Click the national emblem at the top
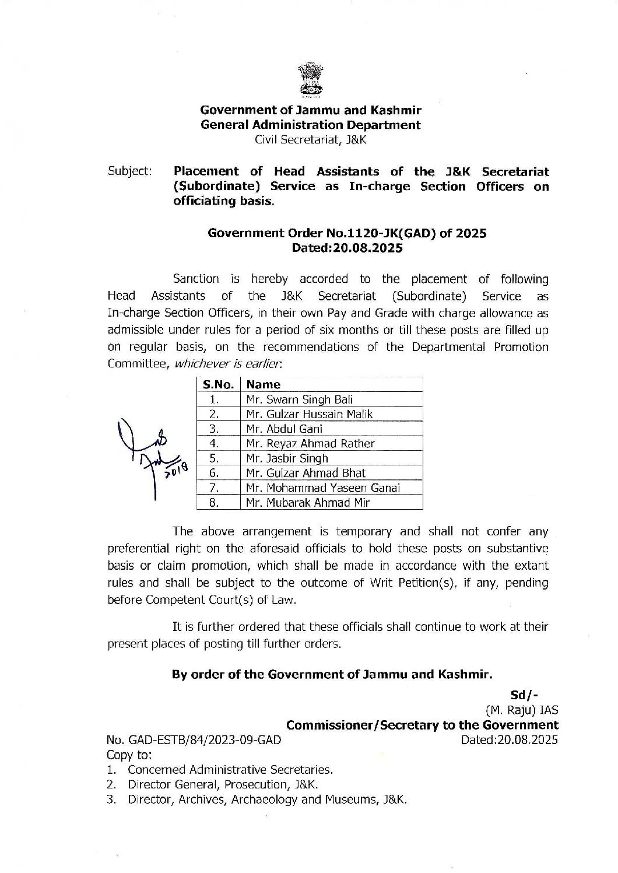coord(309,80)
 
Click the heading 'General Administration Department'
coord(310,125)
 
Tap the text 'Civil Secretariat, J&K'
coord(310,140)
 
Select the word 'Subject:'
coord(130,171)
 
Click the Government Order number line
coord(347,233)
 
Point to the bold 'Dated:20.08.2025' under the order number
coord(347,248)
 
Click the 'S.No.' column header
coord(218,384)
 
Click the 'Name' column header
coord(263,384)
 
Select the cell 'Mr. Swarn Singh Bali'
coord(299,399)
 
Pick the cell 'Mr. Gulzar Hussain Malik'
coord(309,414)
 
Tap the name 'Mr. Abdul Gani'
coord(284,429)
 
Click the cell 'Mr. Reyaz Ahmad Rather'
coord(310,443)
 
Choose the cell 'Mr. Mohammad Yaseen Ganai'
coord(322,488)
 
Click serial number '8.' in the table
coord(214,502)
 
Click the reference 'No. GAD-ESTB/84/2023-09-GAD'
coord(194,740)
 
